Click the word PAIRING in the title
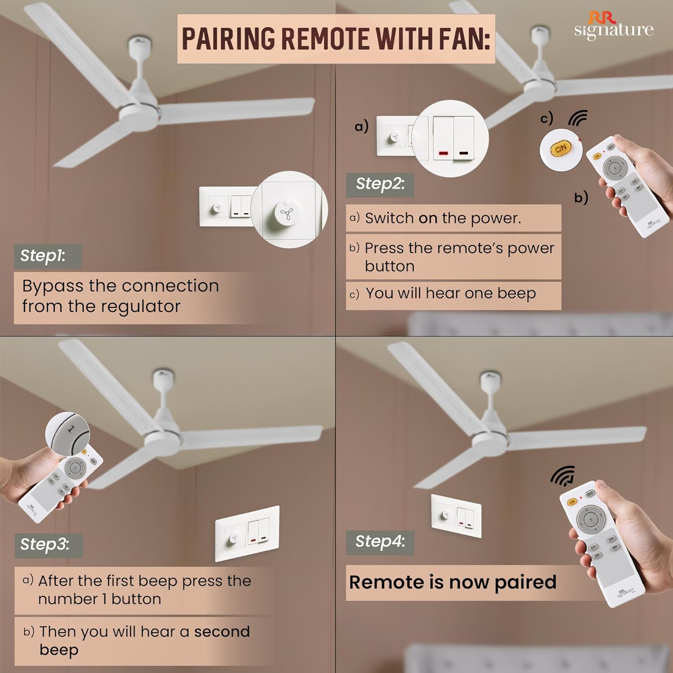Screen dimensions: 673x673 pyautogui.click(x=228, y=39)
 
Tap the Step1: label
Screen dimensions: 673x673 pyautogui.click(x=44, y=256)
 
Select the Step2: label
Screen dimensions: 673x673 pyautogui.click(x=380, y=184)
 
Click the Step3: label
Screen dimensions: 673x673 pyautogui.click(x=45, y=544)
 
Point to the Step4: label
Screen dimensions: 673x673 pyautogui.click(x=380, y=542)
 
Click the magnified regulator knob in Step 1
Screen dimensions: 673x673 pyautogui.click(x=286, y=214)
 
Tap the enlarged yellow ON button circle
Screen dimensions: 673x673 pyautogui.click(x=561, y=149)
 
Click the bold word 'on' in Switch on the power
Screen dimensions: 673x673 pyautogui.click(x=428, y=219)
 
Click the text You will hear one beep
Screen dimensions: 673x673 pyautogui.click(x=450, y=293)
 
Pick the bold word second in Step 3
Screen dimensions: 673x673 pyautogui.click(x=222, y=632)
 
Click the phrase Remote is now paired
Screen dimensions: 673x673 pyautogui.click(x=453, y=582)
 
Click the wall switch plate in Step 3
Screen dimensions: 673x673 pyautogui.click(x=247, y=533)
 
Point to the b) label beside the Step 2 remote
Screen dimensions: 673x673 pyautogui.click(x=581, y=197)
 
